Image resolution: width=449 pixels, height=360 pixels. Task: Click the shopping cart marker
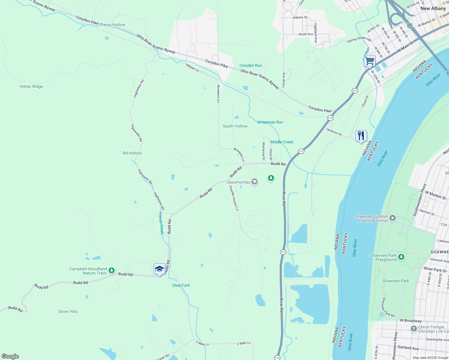370,61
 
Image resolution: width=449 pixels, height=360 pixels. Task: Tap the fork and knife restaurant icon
361,136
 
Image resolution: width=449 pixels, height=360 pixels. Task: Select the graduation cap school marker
159,269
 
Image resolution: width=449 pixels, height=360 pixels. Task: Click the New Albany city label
433,8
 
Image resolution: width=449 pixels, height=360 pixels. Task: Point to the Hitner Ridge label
31,86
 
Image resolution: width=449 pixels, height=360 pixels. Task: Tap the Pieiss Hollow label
113,25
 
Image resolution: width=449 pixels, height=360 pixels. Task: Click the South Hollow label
235,126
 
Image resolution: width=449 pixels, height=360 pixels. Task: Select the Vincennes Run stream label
270,122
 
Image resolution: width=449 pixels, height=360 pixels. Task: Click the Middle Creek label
282,142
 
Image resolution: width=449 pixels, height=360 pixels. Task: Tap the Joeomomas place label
238,182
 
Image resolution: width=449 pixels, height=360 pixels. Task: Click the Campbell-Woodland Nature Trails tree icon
112,270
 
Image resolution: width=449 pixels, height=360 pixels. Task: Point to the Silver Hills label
68,311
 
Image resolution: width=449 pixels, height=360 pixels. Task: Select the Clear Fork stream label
181,285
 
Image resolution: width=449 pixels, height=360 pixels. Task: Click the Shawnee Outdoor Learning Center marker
393,218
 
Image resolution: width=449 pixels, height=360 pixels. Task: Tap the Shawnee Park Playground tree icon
401,257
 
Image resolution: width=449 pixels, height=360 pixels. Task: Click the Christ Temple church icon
414,329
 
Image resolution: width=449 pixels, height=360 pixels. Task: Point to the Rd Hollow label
132,153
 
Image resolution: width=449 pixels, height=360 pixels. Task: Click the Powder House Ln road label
234,198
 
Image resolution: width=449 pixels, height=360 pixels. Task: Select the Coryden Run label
250,65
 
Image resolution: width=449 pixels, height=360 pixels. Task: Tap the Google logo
10,356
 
